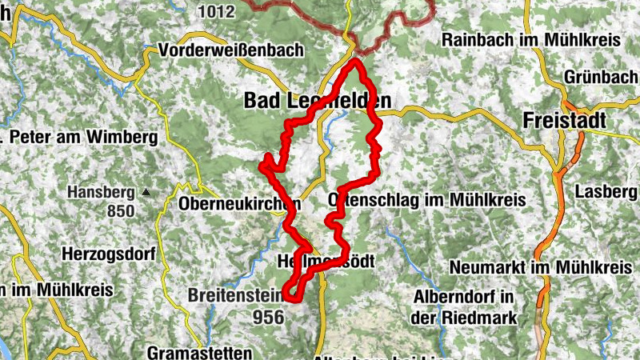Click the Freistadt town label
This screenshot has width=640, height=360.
point(564,121)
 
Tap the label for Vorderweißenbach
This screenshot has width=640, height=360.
point(231,50)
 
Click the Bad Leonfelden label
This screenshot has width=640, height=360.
point(318,101)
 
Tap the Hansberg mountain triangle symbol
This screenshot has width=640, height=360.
point(146,192)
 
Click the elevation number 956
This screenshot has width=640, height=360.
point(268,317)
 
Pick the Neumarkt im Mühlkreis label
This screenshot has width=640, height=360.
point(541,266)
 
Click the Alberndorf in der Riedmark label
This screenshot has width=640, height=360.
point(463,306)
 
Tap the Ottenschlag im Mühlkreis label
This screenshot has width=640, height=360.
point(427,199)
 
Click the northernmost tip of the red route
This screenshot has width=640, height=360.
point(354,61)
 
